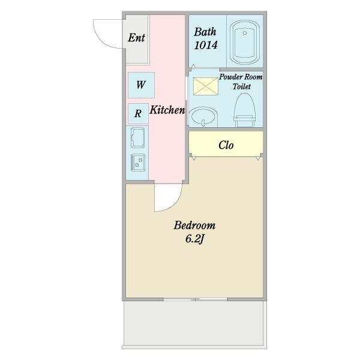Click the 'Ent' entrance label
point(136,38)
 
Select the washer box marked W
point(141,85)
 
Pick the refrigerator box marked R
point(138,113)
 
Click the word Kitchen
point(167,110)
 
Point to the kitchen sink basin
point(137,137)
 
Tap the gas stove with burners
point(138,163)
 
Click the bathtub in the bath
point(245,42)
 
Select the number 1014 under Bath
point(206,45)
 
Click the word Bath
point(205,32)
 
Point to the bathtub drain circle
point(245,33)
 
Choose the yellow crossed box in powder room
point(205,86)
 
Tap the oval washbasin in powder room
point(204,116)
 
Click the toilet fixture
point(245,110)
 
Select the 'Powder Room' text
point(241,77)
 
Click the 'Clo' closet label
point(226,145)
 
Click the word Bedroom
point(194,226)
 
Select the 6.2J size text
point(194,239)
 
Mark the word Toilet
point(242,86)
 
